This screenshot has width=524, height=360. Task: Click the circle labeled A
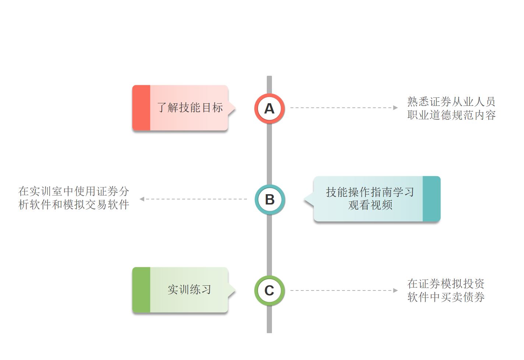(x=269, y=108)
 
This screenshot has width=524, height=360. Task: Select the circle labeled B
(x=269, y=199)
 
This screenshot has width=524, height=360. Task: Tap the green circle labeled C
(x=269, y=291)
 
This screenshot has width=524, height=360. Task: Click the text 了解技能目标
(x=190, y=108)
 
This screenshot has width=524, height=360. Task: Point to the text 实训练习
(x=190, y=290)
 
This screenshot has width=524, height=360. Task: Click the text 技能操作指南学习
(x=370, y=192)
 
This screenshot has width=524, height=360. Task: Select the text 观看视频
(x=370, y=205)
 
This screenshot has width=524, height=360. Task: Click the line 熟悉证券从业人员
(x=451, y=101)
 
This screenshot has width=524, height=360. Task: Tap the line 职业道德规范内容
(x=452, y=115)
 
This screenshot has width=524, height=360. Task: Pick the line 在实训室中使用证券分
(x=74, y=191)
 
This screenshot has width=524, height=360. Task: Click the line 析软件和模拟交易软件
(x=74, y=204)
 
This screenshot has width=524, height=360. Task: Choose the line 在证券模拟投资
(x=446, y=284)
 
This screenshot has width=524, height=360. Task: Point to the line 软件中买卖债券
(x=446, y=297)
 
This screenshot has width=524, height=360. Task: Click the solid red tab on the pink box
(x=141, y=108)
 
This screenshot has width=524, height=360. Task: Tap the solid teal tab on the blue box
(x=431, y=199)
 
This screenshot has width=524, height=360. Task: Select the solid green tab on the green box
(x=141, y=290)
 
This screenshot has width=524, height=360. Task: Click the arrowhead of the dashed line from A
(x=396, y=108)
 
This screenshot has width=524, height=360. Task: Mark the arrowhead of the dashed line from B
(x=142, y=199)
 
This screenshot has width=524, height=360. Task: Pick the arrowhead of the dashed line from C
(x=396, y=291)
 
